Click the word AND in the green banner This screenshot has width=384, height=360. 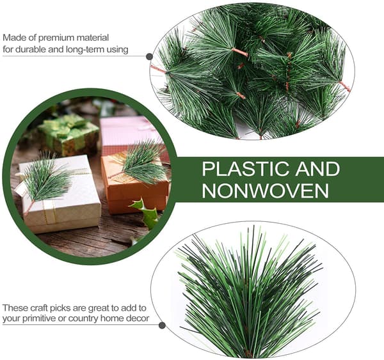317,169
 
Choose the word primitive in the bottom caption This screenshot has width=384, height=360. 40,318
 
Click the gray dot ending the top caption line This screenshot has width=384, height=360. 149,57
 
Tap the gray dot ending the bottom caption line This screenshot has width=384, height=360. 162,325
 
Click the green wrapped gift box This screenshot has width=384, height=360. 69,135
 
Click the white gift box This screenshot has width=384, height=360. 59,193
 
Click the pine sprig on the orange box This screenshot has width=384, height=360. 141,162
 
